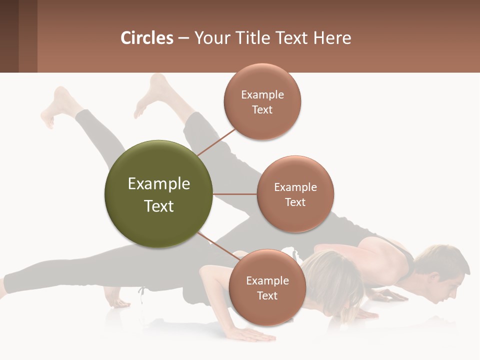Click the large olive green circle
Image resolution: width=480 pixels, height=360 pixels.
158,194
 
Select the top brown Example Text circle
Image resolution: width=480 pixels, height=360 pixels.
262,101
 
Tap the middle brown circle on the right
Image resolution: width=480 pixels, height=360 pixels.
295,194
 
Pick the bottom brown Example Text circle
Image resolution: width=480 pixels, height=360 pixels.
267,287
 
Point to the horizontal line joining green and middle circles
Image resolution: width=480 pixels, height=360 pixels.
234,194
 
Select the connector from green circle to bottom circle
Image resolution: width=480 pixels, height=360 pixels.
218,247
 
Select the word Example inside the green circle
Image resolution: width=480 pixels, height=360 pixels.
158,183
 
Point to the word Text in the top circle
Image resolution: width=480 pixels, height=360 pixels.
262,109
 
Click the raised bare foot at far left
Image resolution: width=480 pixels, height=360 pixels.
57,107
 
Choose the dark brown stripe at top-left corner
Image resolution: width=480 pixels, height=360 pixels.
9,36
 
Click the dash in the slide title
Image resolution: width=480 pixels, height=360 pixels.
183,38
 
